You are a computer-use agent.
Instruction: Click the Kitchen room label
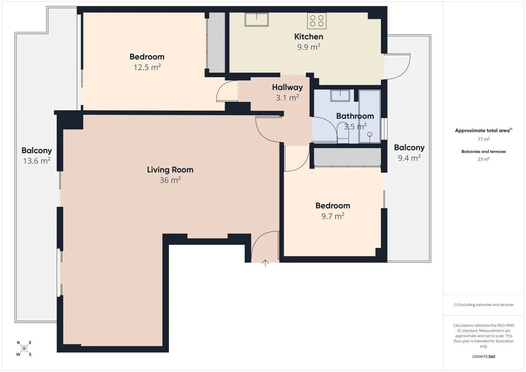308,37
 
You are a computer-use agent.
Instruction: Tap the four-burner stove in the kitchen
316,21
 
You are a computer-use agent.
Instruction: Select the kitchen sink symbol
256,19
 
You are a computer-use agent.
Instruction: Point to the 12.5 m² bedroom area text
147,68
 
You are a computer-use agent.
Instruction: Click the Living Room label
170,170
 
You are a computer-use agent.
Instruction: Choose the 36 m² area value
170,180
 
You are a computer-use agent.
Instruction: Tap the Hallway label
287,87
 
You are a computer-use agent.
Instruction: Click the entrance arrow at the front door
265,263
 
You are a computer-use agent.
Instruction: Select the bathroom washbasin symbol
340,95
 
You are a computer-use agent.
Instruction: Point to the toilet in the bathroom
343,133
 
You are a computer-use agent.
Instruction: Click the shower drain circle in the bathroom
370,134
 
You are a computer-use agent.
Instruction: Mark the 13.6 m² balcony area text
37,161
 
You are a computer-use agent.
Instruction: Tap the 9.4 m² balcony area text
409,158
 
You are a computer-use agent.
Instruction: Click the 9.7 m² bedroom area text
333,216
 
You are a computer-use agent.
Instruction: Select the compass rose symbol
24,348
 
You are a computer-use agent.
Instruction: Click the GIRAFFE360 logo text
484,356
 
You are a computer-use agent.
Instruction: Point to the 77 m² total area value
484,139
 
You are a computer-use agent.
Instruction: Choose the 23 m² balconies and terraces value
484,159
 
